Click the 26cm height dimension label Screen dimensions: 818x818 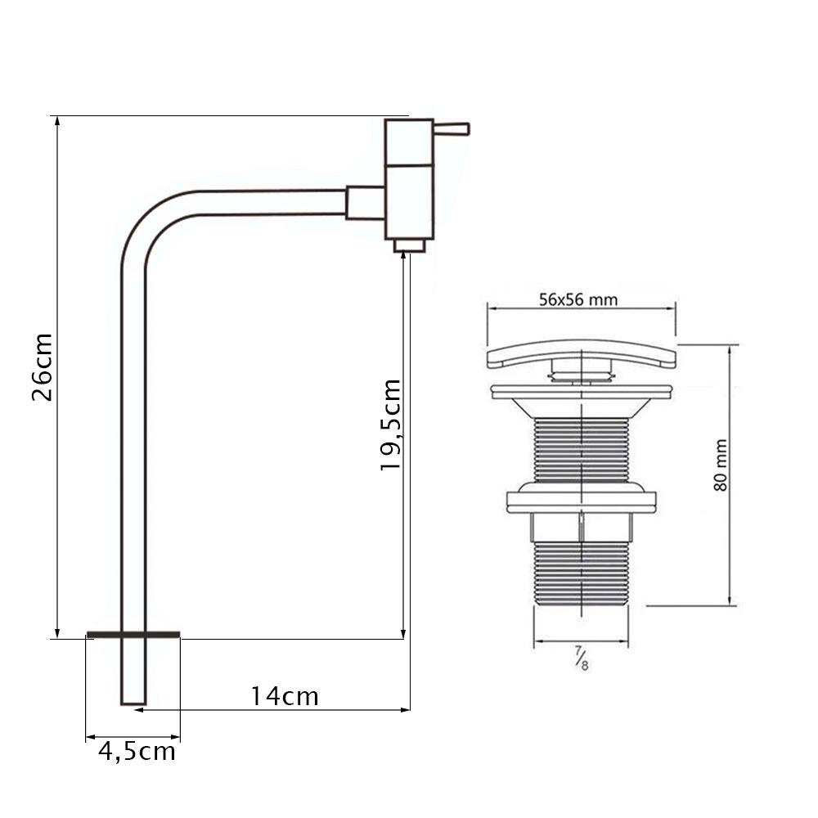point(43,366)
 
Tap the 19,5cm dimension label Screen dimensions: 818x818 point(390,425)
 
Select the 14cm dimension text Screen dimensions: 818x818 point(285,696)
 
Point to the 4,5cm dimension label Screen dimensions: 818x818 point(137,752)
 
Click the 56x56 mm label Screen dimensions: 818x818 point(578,300)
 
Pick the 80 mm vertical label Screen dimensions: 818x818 point(720,465)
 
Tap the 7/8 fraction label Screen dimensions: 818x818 point(582,658)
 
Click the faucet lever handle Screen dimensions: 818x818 point(452,129)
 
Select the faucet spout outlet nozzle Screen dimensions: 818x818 point(410,245)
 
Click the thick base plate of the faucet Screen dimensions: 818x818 point(133,635)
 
